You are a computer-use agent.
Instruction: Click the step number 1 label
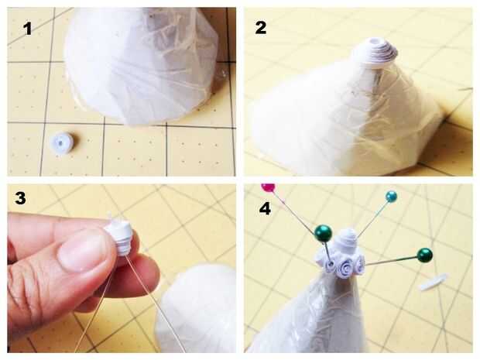pyautogui.click(x=27, y=29)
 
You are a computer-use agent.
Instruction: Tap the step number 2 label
pyautogui.click(x=260, y=27)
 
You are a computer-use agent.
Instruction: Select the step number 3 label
pyautogui.click(x=20, y=197)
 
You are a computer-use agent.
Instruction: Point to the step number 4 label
pyautogui.click(x=265, y=208)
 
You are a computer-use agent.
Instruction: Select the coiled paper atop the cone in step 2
pyautogui.click(x=375, y=53)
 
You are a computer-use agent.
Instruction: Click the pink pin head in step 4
pyautogui.click(x=268, y=187)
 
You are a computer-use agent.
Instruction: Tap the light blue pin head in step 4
pyautogui.click(x=391, y=197)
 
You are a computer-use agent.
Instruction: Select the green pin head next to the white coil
pyautogui.click(x=324, y=233)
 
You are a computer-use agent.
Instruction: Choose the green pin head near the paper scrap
pyautogui.click(x=424, y=255)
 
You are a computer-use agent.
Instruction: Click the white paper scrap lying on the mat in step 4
pyautogui.click(x=432, y=283)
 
